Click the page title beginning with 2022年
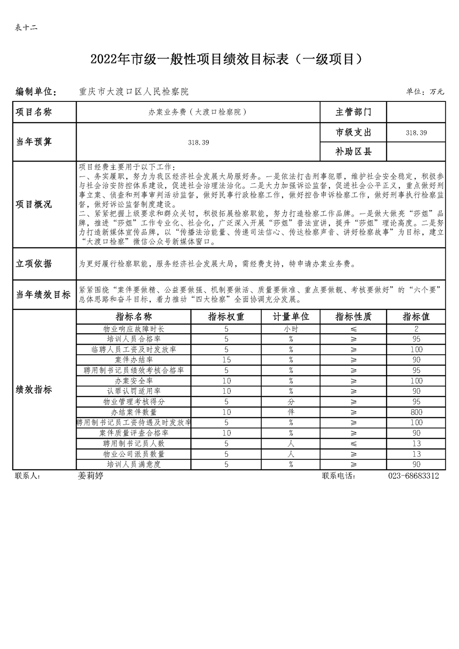229,60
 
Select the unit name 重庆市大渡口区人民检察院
134,92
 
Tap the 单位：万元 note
425,92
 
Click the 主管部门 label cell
353,112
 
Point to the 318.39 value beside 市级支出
416,133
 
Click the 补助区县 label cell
353,151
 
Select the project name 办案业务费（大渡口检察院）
198,112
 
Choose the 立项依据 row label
34,264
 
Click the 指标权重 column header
226,317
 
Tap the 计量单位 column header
291,317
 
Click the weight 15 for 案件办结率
226,360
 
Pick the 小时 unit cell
291,329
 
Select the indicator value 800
416,412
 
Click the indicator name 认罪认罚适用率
134,391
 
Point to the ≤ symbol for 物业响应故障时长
353,329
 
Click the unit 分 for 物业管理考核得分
291,402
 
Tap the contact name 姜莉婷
90,476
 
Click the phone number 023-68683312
413,476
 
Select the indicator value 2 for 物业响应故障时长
416,329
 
